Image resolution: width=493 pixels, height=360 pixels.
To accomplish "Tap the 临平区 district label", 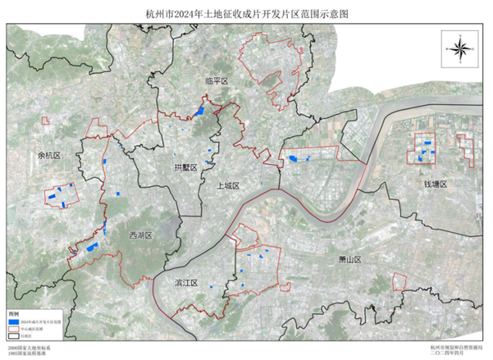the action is pos(216,82).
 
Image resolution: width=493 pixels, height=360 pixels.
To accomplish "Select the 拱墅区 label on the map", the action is pos(185,167).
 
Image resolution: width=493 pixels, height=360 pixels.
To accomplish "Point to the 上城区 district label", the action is pos(228,186).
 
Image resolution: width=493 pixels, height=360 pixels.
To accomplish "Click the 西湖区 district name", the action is pos(141,235).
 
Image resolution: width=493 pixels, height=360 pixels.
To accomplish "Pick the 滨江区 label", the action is pos(187,282).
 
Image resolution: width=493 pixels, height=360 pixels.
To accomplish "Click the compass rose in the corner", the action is pos(459,47).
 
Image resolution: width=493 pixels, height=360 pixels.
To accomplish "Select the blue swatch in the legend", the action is pos(13,322).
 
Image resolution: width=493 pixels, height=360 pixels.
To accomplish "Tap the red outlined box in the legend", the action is pos(13,329).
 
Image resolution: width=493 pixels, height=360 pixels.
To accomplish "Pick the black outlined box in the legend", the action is pos(13,335).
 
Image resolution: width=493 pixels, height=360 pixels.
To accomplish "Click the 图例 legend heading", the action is pos(13,314).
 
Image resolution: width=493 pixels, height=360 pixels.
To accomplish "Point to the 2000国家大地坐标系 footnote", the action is pos(30,348).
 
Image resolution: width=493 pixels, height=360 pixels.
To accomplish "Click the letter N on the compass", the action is pos(459,34).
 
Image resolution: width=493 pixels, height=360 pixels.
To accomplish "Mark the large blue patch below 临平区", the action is pos(199,111).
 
